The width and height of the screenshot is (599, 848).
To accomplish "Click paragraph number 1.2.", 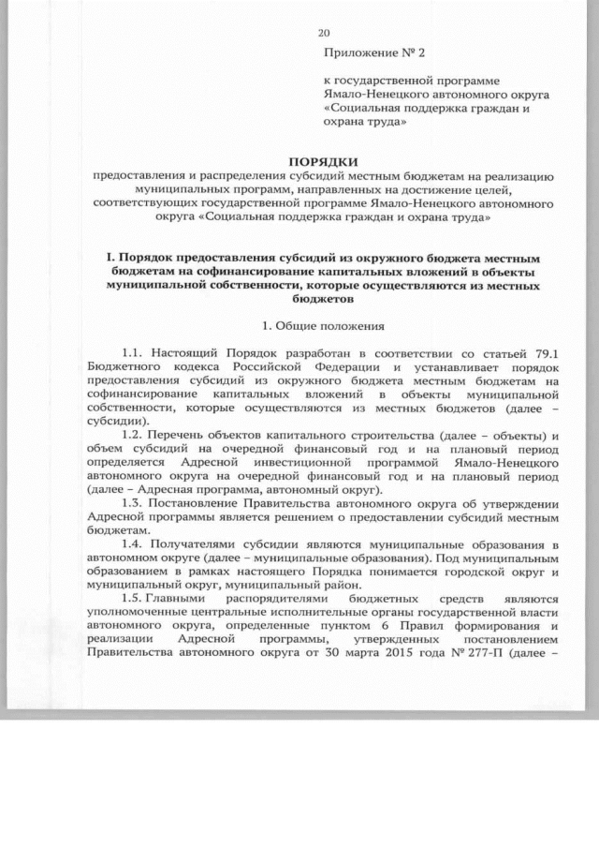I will point(133,436).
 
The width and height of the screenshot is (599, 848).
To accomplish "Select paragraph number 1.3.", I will point(133,503).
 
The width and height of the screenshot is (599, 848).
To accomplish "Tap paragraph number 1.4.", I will point(133,543).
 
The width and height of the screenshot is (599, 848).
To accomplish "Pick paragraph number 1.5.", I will point(133,597).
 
